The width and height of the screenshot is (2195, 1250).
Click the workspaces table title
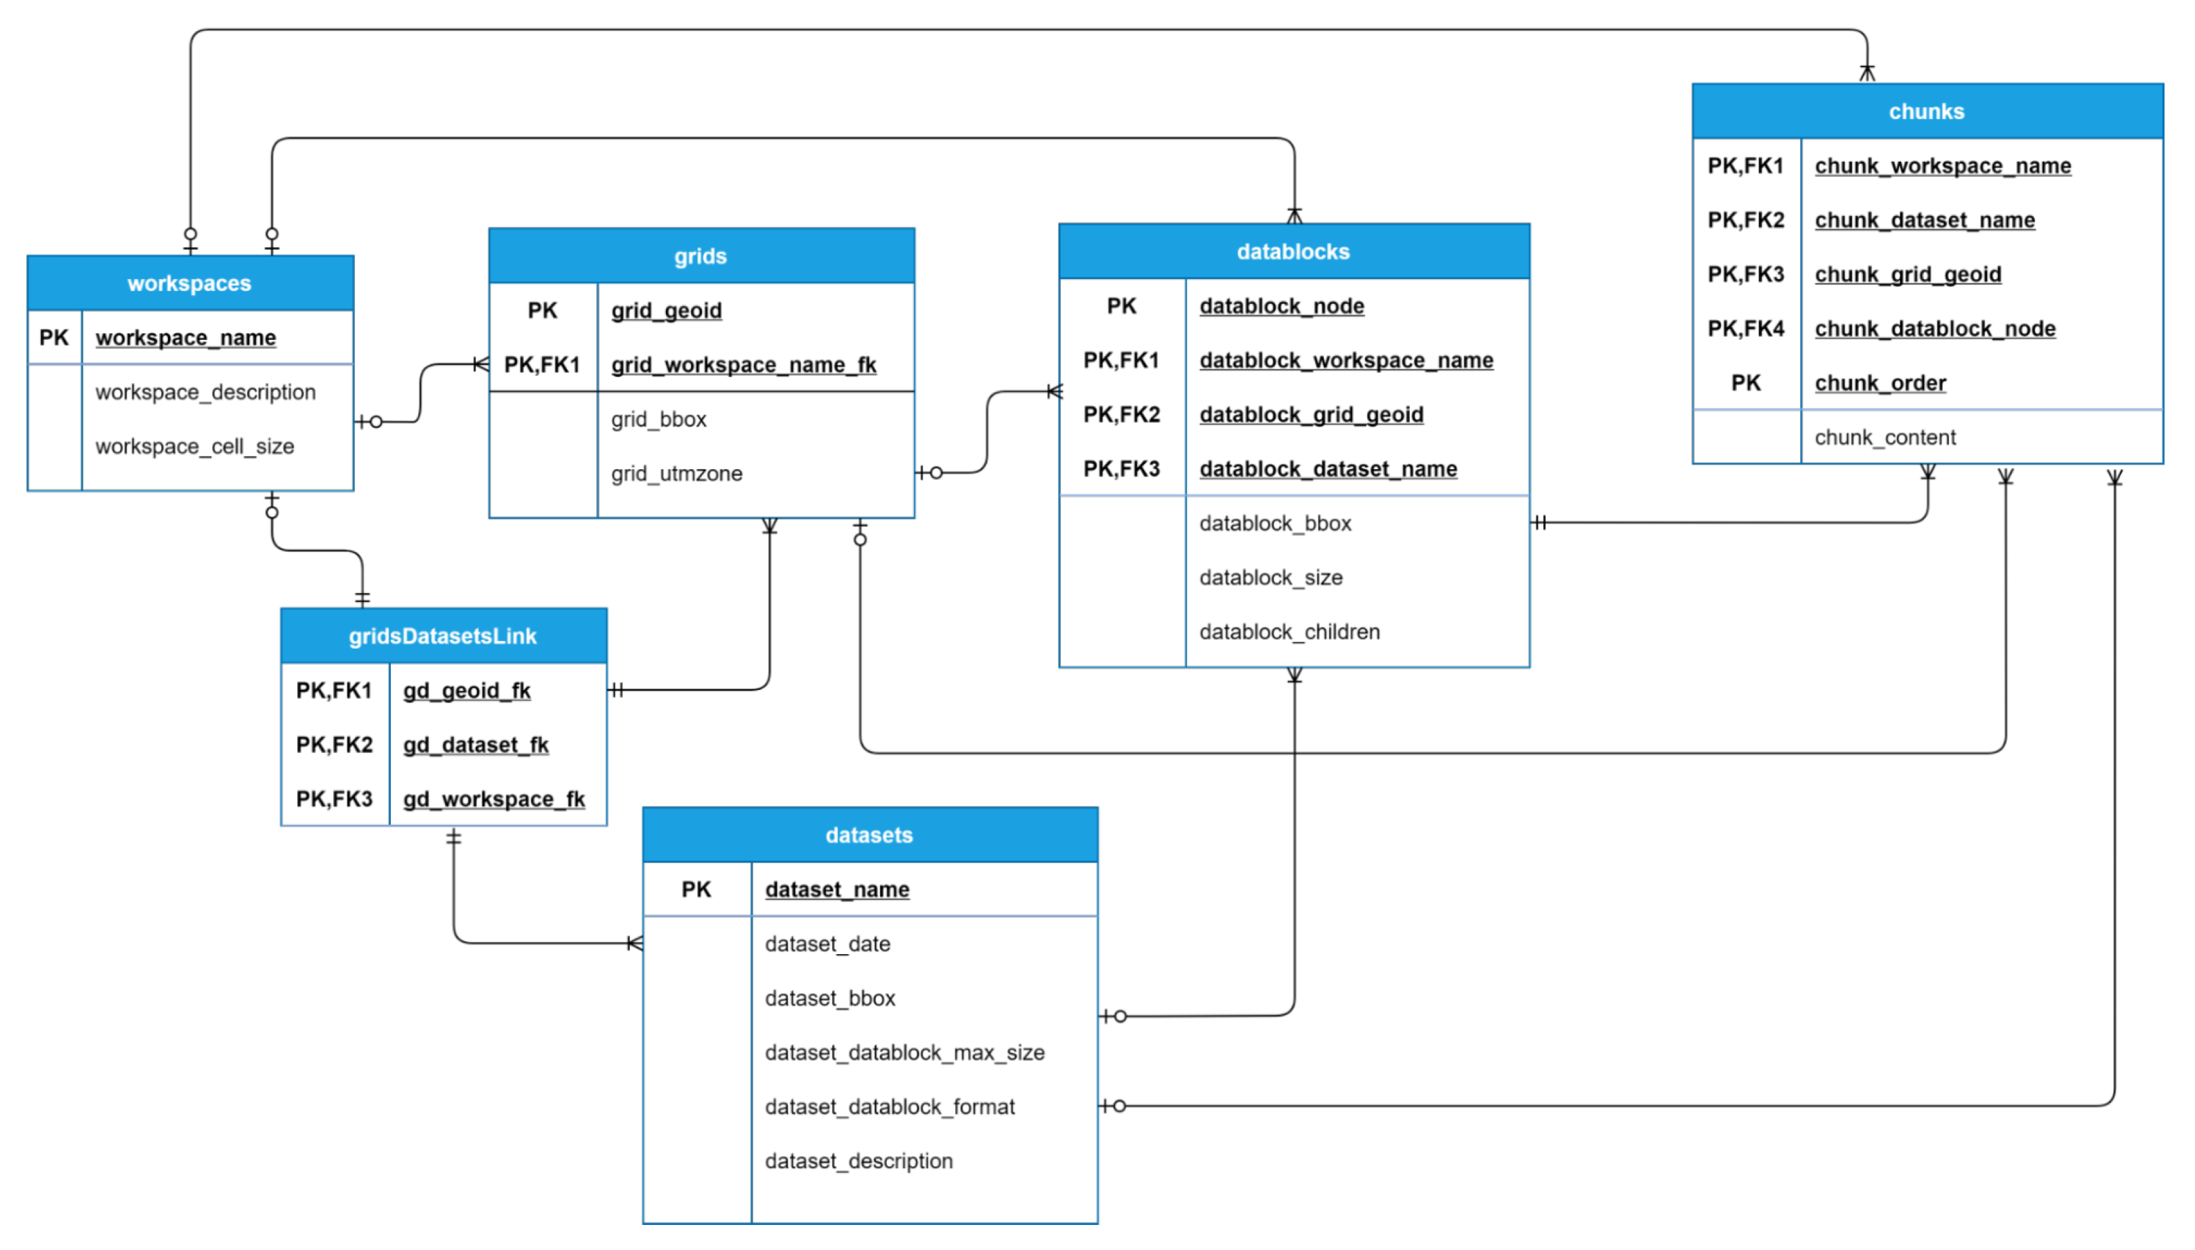pos(189,283)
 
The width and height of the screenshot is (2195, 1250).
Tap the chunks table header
pos(1925,112)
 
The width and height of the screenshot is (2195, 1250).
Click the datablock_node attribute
pos(1280,307)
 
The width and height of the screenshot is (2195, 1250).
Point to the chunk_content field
pos(1884,438)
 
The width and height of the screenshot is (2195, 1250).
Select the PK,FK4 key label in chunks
pos(1745,329)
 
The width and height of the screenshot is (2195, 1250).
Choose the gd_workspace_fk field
pos(493,799)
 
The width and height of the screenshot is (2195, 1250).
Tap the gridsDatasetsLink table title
pos(442,636)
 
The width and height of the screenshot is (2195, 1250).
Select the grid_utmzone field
pos(676,474)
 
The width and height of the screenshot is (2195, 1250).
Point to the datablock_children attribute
pos(1289,632)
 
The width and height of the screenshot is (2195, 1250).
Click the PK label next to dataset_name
pos(696,890)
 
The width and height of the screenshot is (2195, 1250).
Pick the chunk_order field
pos(1880,383)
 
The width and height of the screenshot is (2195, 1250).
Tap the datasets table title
pos(869,836)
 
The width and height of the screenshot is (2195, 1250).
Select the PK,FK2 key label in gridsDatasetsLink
pos(334,745)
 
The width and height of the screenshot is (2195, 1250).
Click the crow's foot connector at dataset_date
pos(635,943)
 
